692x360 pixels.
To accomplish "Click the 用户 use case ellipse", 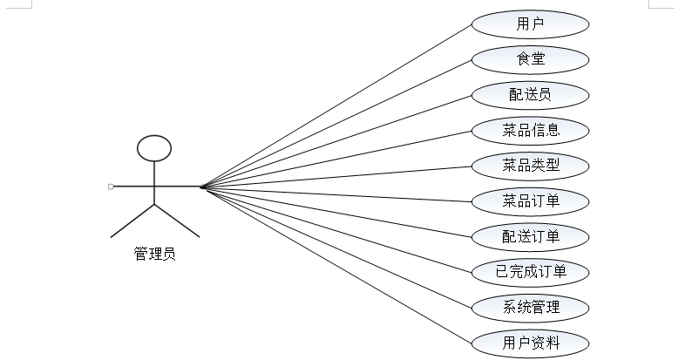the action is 530,24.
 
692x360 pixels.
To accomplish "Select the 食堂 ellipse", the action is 530,59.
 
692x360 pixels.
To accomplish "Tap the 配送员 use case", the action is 530,94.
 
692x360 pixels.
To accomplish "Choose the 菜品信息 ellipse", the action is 530,130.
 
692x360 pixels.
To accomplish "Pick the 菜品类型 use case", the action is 530,165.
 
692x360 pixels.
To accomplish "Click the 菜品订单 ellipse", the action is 530,201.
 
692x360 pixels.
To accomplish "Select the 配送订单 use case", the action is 530,236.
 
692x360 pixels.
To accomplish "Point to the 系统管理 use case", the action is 530,307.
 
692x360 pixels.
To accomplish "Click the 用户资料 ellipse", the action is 530,343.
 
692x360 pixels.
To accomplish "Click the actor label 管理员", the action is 154,255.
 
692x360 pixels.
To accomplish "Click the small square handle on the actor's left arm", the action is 111,187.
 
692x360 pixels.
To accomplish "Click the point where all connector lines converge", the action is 201,187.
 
